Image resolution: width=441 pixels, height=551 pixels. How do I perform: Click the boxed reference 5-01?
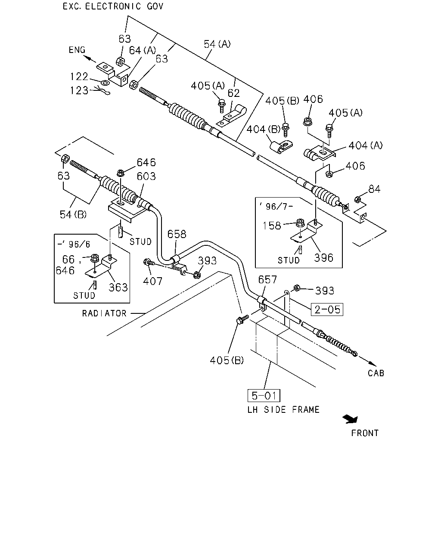(264, 396)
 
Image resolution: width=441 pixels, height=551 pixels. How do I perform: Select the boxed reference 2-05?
(327, 310)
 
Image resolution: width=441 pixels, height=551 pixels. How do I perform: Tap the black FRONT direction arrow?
(350, 419)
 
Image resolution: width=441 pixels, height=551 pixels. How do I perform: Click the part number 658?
(177, 234)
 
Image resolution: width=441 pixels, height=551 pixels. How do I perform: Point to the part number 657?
(267, 280)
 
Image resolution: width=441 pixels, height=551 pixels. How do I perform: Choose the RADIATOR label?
(104, 313)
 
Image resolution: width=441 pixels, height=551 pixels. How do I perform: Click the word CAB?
(376, 373)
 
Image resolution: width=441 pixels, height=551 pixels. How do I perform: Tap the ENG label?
(77, 50)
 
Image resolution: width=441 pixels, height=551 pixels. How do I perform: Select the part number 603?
(146, 176)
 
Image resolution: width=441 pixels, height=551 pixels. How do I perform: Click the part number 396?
(323, 257)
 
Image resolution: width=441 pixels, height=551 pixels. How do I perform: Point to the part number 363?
(118, 287)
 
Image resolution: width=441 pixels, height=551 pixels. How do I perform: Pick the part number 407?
(153, 281)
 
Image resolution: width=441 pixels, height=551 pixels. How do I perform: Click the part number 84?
(374, 189)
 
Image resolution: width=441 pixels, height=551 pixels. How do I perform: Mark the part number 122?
(79, 76)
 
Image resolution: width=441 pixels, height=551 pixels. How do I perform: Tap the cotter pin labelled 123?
(102, 90)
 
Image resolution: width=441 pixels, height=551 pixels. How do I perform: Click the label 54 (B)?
(73, 214)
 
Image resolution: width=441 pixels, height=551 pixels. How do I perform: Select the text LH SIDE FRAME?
(283, 410)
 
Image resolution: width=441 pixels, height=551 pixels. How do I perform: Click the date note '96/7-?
(276, 206)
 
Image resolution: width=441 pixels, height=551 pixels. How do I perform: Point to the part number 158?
(272, 226)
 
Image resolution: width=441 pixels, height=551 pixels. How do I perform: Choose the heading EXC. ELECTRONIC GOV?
(113, 6)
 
